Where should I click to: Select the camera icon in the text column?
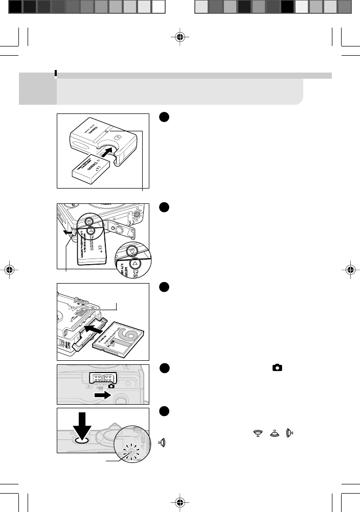point(277,367)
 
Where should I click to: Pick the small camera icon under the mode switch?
point(111,385)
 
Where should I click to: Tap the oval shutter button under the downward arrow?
point(82,439)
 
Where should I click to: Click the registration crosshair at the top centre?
point(179,37)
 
